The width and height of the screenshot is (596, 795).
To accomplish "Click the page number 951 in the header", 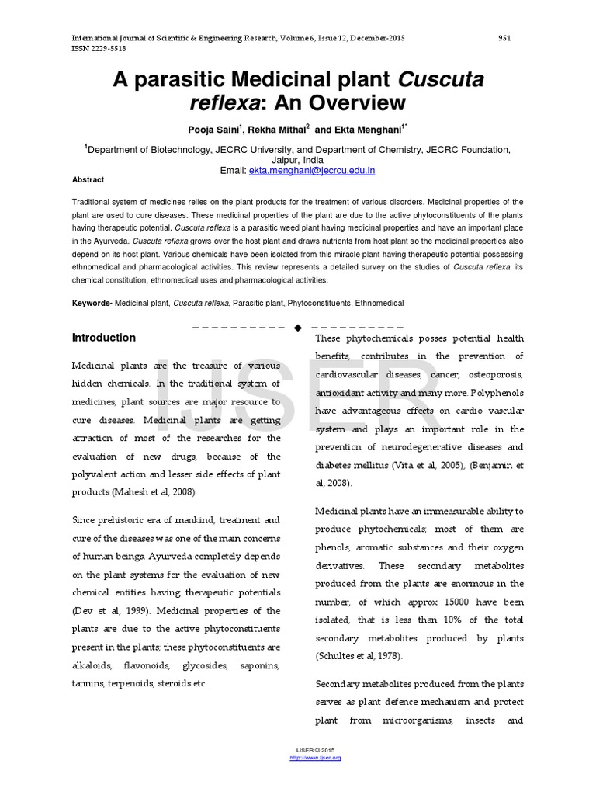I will coord(504,38).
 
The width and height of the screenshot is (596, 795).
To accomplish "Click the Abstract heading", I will coord(88,179).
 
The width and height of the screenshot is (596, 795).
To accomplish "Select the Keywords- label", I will coord(92,303).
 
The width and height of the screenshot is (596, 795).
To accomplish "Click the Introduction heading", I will coord(104,338).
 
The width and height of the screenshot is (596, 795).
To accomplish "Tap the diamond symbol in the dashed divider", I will coord(297,326).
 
